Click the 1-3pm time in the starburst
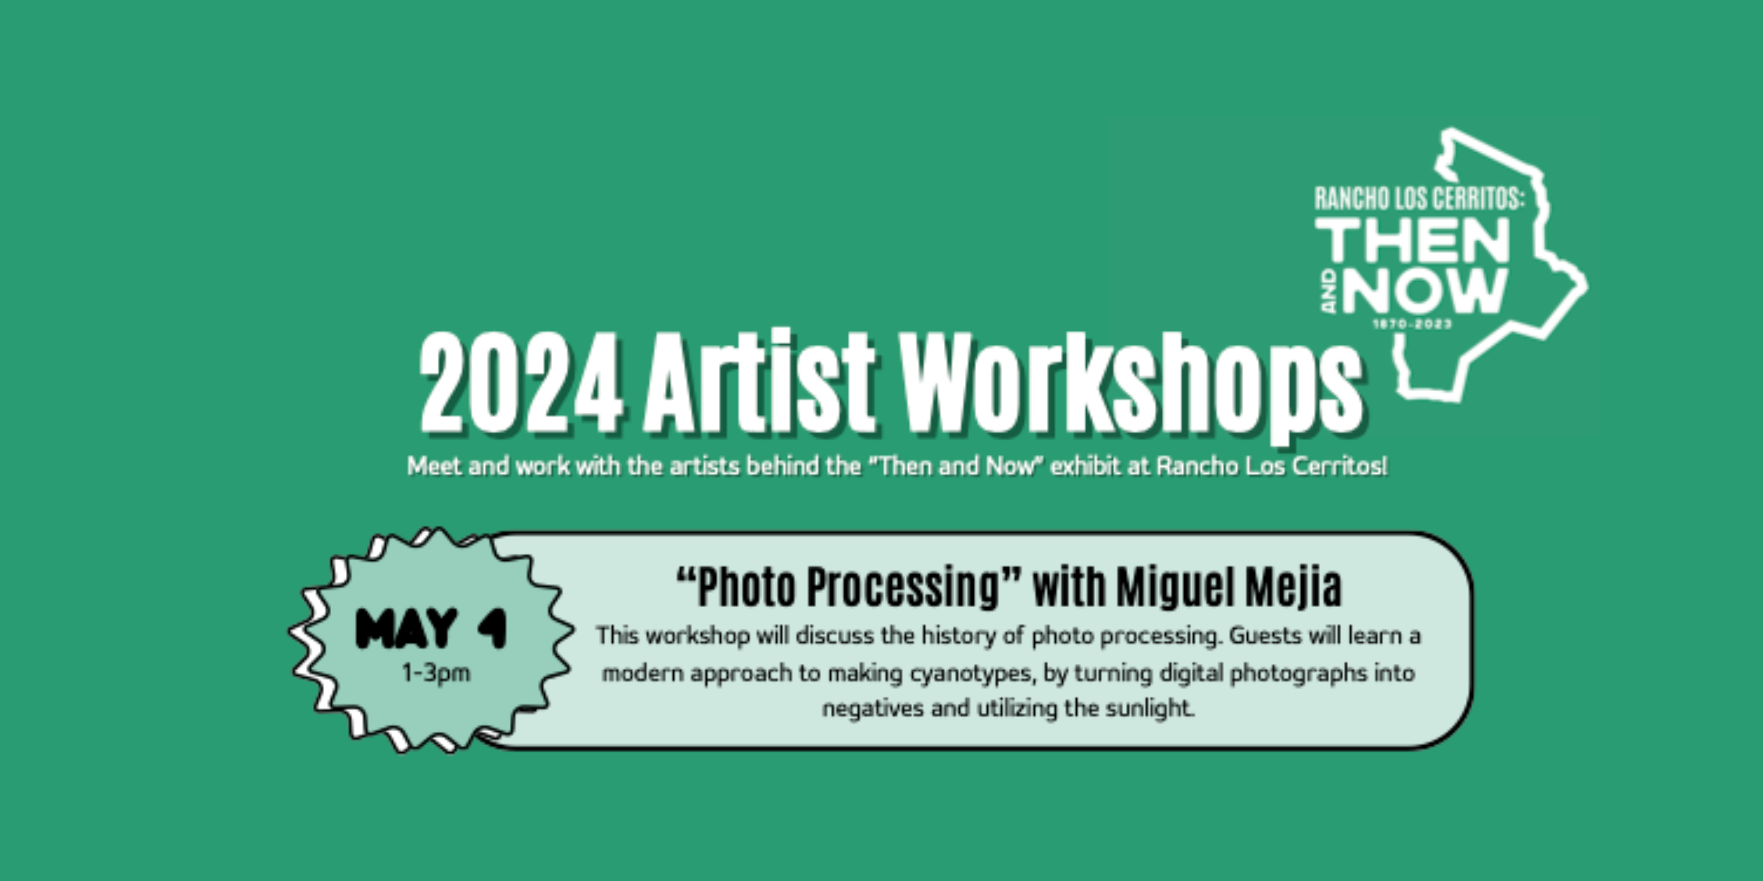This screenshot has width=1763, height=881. [x=436, y=673]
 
